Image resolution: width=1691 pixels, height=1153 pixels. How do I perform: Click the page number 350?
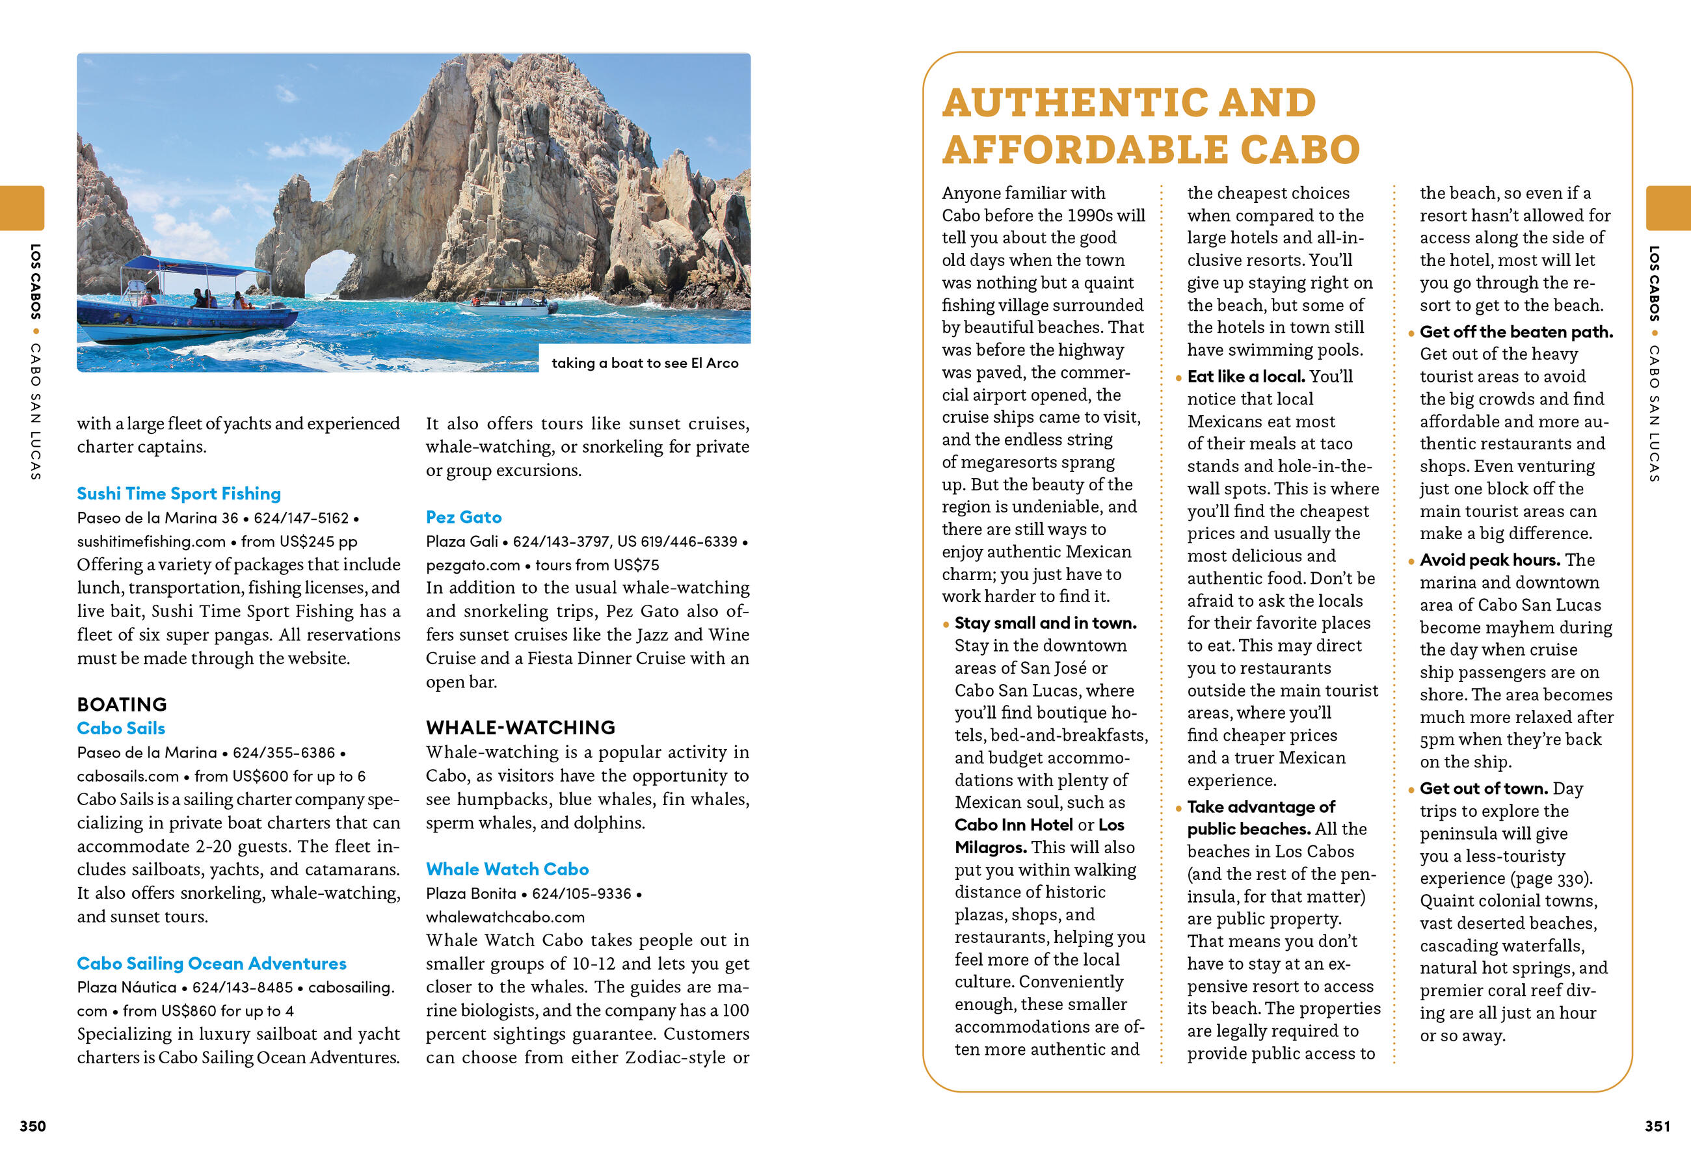[33, 1125]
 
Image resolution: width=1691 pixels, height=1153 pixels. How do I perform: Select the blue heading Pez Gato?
[464, 516]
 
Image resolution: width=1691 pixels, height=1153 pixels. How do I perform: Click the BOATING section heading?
[122, 704]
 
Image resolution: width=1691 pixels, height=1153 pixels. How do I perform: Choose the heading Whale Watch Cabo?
[507, 869]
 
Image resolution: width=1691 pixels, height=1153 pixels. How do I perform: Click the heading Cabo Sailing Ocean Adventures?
[211, 962]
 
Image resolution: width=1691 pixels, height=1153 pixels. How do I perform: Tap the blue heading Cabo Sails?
[121, 728]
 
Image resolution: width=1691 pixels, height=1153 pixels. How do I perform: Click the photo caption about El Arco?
[645, 362]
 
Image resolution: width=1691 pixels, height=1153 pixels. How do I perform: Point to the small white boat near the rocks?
[509, 302]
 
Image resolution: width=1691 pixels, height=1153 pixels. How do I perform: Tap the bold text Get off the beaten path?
[1515, 332]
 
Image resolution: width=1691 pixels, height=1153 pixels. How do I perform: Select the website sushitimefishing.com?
[152, 540]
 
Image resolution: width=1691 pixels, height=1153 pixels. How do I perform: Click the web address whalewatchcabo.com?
[505, 916]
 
